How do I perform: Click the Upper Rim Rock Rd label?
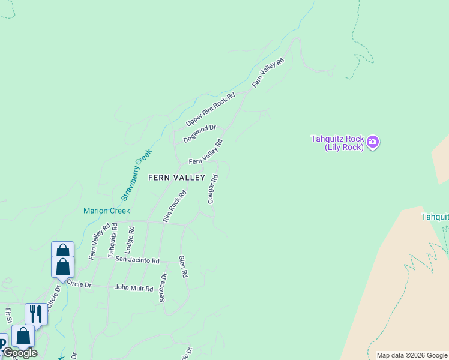point(210,109)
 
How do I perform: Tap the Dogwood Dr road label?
point(199,134)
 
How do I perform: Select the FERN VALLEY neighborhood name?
point(177,178)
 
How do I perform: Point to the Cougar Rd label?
point(212,189)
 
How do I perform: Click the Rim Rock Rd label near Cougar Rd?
point(175,206)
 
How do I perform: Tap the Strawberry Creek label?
point(136,175)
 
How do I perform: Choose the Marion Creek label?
point(107,211)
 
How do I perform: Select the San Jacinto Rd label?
point(137,260)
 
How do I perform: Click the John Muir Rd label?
point(134,288)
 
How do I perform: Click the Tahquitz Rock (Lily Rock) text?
point(337,143)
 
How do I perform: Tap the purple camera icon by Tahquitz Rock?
point(373,142)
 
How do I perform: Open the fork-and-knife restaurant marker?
point(36,314)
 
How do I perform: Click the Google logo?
point(20,353)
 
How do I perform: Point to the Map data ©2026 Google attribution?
point(412,355)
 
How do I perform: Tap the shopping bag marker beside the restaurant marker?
point(23,335)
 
